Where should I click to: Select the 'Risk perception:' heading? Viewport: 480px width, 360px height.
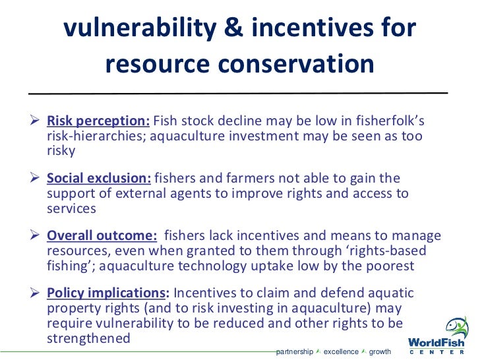(x=98, y=121)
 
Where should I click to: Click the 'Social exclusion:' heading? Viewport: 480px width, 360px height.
(x=99, y=179)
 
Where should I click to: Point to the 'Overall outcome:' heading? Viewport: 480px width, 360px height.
(x=102, y=237)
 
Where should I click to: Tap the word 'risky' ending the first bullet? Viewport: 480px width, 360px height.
(x=61, y=150)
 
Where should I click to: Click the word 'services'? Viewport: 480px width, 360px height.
(x=72, y=208)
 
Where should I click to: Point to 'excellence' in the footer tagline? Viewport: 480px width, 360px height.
(x=340, y=351)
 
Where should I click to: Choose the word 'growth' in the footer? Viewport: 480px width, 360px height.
(x=380, y=351)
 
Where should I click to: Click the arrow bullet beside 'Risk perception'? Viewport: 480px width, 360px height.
(x=37, y=121)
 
